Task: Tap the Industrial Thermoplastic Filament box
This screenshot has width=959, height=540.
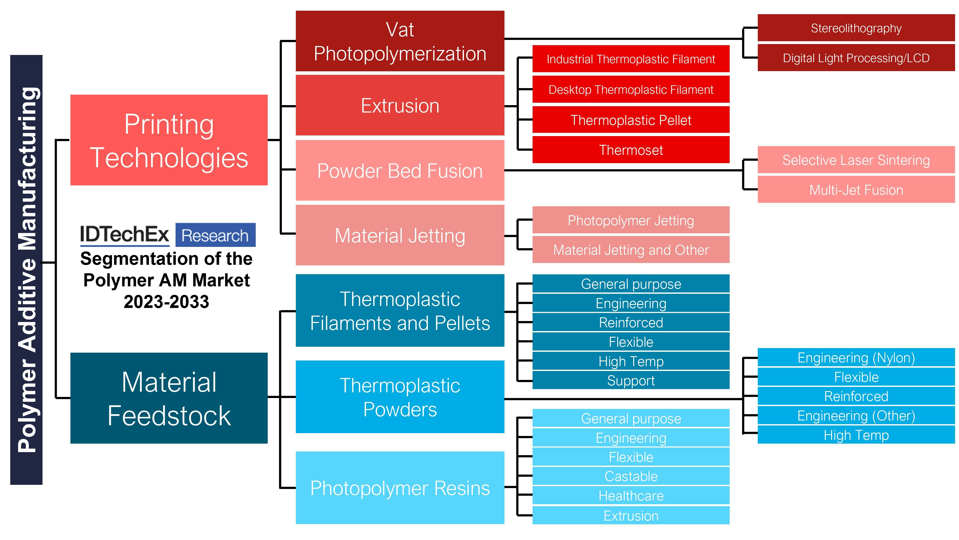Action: click(631, 59)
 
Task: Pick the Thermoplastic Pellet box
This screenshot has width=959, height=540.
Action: click(631, 120)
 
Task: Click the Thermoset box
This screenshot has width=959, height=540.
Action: click(631, 150)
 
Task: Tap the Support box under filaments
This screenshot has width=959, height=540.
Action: click(631, 380)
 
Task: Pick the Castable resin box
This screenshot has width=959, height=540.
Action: click(631, 476)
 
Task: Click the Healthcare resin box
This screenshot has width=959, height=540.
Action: click(631, 495)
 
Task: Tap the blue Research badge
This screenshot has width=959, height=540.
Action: click(215, 235)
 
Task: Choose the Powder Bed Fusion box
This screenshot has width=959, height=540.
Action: click(400, 171)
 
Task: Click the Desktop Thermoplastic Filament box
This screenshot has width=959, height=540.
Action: click(631, 89)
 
